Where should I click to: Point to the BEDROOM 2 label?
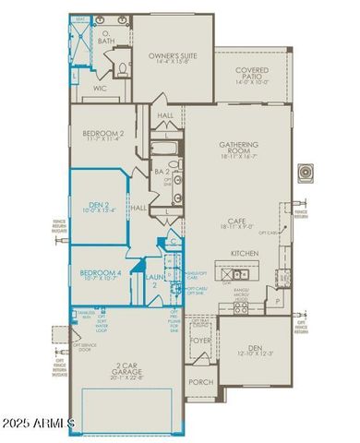[x=102, y=134]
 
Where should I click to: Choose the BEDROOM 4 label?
[x=101, y=273]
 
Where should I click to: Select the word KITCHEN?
[x=244, y=252]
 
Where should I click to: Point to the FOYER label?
[x=200, y=338]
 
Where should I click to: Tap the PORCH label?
[x=200, y=381]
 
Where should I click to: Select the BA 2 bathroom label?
[x=161, y=171]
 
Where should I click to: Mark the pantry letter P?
[x=276, y=302]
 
